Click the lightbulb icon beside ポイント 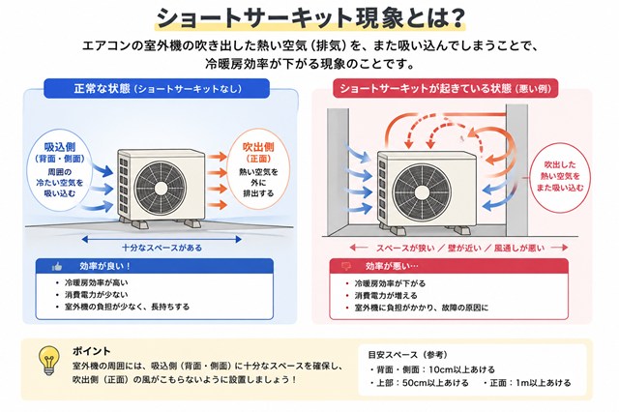[x=48, y=361]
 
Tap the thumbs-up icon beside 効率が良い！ [x=57, y=267]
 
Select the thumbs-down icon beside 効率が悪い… [x=346, y=266]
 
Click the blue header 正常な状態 [x=157, y=88]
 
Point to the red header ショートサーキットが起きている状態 [x=445, y=88]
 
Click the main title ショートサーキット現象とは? [x=309, y=17]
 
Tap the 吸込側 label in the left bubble [x=60, y=147]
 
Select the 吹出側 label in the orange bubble [x=258, y=147]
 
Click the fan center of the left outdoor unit [x=161, y=189]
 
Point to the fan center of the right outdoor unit [x=422, y=191]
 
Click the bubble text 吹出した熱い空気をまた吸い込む [x=560, y=176]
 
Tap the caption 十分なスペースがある [x=162, y=248]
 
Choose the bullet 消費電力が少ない [x=97, y=295]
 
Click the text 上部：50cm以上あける [x=422, y=383]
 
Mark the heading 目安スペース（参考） [x=408, y=355]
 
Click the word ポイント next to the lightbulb [x=92, y=351]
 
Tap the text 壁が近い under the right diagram [x=464, y=248]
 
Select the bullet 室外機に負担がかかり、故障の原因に [x=422, y=308]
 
